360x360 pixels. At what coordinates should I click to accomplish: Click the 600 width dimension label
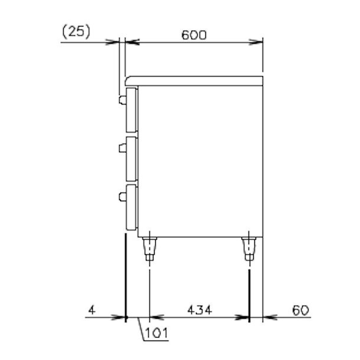tap(194, 35)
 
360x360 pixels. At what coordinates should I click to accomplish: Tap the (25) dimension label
tap(76, 32)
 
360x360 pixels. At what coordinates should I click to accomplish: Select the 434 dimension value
tap(199, 310)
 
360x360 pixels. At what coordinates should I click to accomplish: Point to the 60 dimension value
tap(300, 310)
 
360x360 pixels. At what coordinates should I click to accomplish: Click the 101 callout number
tap(156, 333)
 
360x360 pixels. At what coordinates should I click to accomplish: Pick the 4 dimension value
tap(92, 310)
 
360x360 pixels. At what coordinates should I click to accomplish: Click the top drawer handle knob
tap(123, 100)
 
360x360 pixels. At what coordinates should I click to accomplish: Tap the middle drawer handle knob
tap(123, 148)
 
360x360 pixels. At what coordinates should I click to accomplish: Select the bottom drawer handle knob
tap(123, 197)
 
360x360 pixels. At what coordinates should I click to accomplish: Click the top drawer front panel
tap(132, 110)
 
